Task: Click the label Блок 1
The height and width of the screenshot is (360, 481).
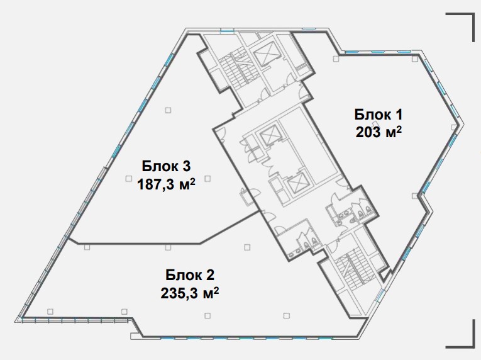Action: (x=378, y=115)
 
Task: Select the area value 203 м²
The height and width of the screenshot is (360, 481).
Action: (x=379, y=132)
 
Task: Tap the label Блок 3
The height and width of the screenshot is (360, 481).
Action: (x=166, y=166)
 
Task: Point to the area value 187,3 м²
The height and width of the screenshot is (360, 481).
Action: (x=166, y=184)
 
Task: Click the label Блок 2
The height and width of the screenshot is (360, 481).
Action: (x=190, y=275)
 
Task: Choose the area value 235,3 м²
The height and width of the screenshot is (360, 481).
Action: (x=190, y=293)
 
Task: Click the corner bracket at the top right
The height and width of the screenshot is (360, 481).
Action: (x=460, y=27)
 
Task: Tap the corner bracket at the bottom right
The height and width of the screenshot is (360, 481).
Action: (x=460, y=334)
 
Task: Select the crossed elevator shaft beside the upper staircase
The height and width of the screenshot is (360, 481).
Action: (x=265, y=54)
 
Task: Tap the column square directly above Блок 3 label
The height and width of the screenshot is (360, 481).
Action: (x=168, y=110)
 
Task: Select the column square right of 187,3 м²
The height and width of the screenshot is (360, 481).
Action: (x=207, y=178)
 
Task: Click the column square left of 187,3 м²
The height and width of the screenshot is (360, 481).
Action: (x=128, y=178)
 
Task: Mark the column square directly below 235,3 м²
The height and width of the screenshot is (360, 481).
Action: (x=207, y=315)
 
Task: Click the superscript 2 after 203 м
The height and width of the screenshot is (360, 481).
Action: (x=399, y=129)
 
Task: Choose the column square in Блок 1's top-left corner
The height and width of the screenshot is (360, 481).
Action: (x=336, y=59)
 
